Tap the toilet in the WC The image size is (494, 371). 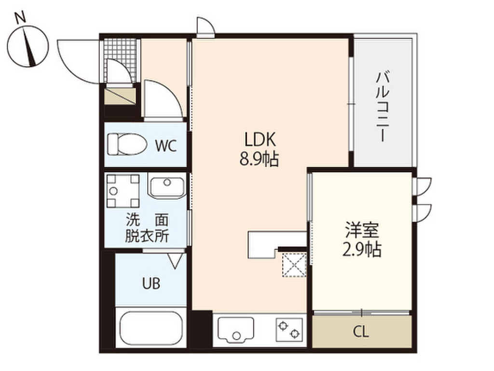126,144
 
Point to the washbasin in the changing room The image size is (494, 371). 166,187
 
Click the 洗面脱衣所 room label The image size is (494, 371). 147,228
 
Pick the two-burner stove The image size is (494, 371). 289,329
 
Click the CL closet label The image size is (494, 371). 361,332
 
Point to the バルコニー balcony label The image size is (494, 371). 384,106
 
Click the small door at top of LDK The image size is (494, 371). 205,27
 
